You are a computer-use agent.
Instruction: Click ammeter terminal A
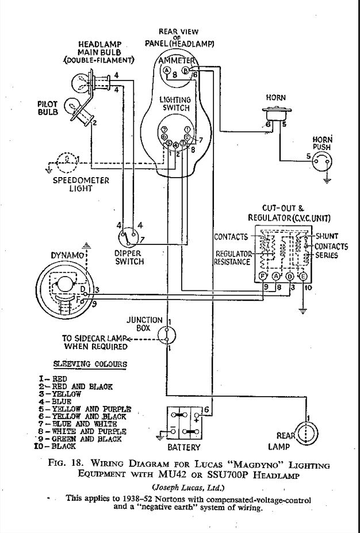pos(167,70)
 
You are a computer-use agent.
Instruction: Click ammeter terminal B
pos(186,70)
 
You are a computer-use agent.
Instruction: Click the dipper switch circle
pos(128,236)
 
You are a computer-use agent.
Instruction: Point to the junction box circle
pos(167,336)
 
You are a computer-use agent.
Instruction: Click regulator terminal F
pos(263,277)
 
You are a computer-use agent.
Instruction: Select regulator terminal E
pos(303,277)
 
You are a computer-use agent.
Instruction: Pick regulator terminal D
pos(290,277)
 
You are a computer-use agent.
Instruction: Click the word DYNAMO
pos(67,255)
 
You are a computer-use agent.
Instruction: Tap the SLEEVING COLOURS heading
pos(90,364)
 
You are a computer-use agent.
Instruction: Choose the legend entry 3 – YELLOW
pos(60,394)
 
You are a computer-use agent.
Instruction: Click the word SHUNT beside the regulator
pos(327,236)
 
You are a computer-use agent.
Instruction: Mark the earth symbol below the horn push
pos(327,181)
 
